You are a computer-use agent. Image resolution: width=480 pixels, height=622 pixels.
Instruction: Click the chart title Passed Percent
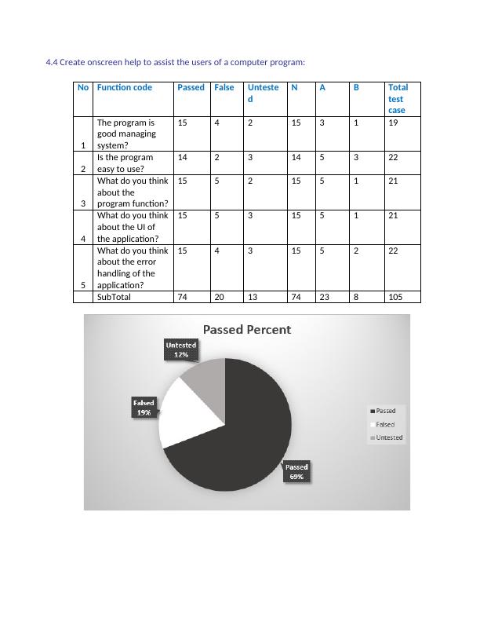tap(247, 330)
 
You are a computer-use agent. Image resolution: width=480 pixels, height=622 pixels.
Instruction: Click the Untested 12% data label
tap(181, 349)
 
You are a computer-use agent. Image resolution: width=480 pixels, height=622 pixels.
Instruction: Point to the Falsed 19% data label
tap(144, 407)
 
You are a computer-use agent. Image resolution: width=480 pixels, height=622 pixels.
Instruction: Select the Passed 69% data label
tap(296, 471)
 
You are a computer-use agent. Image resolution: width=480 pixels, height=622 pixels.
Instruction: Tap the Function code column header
tap(125, 88)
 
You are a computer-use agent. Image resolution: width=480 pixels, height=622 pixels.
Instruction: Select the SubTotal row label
tap(114, 298)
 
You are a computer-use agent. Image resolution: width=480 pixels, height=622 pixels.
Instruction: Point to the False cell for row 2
tap(216, 158)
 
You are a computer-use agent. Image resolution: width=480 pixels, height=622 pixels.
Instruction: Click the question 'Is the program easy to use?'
tap(125, 163)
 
